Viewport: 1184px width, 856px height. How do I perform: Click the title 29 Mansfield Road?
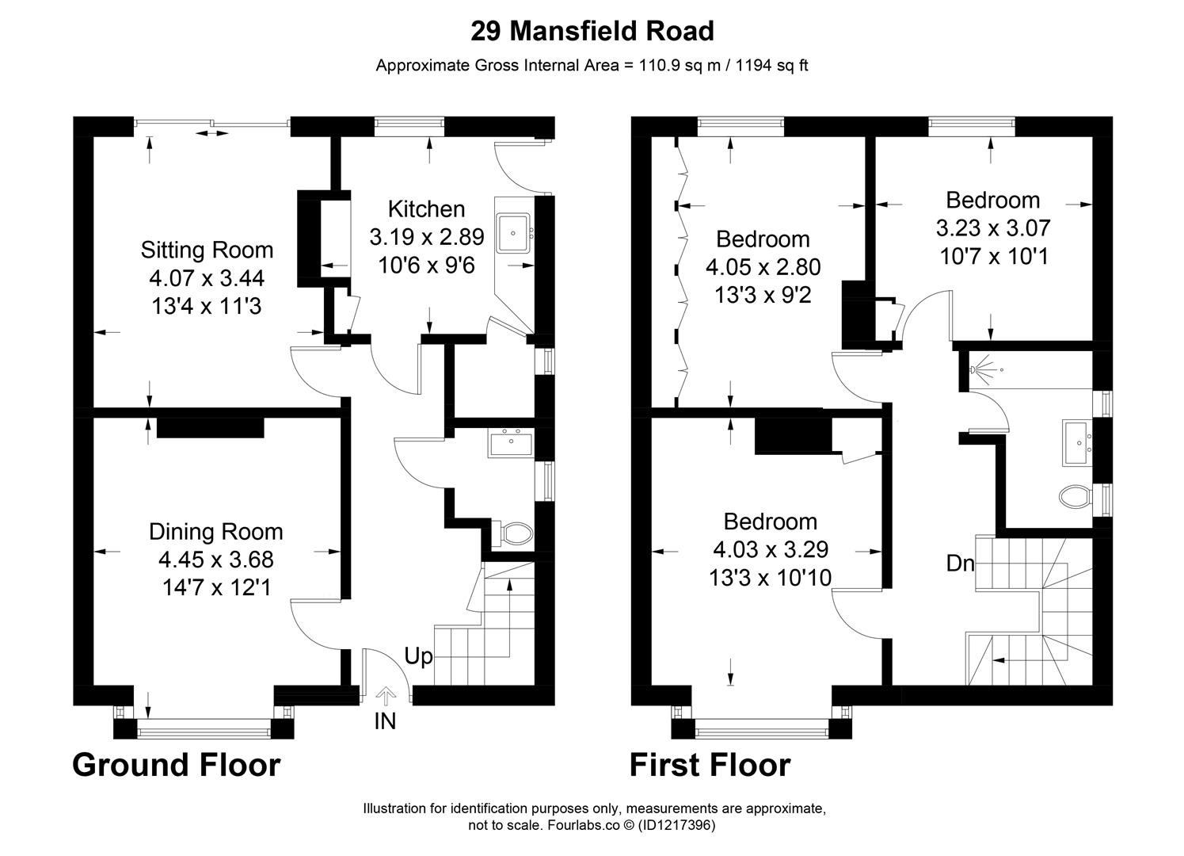[592, 31]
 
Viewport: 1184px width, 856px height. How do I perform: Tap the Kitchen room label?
[426, 209]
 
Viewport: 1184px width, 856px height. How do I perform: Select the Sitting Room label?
[207, 250]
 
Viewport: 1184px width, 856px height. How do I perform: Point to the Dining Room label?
[215, 531]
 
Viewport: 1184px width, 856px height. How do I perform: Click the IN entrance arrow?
[386, 696]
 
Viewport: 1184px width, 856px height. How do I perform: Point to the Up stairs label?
[419, 656]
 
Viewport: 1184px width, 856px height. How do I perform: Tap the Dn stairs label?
[960, 564]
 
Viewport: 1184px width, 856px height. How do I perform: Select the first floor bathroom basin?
[1077, 441]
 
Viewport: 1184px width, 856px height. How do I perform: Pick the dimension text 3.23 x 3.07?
[992, 228]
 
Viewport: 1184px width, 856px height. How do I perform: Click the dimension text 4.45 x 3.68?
[215, 560]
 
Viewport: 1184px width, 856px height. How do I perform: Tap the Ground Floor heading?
[176, 766]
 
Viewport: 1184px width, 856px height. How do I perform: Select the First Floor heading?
[710, 766]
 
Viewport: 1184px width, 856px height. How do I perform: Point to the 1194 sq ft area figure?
[772, 66]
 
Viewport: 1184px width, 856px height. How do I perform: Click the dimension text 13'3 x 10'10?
[770, 578]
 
